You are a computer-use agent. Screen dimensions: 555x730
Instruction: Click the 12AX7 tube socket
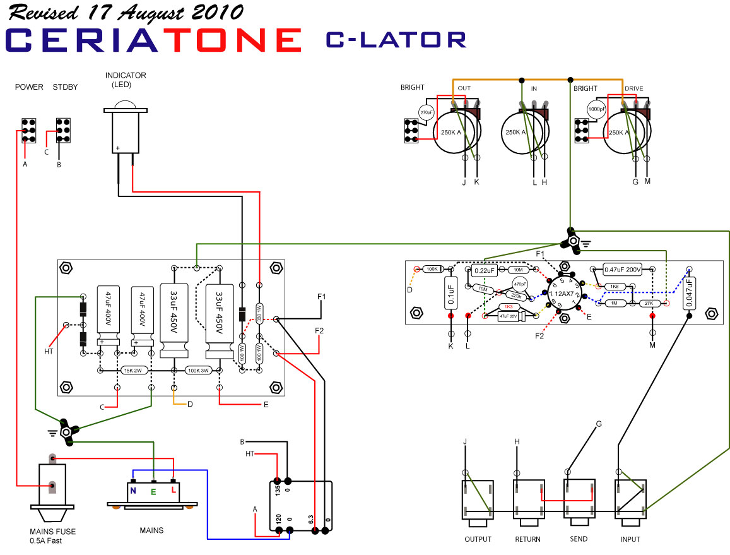(x=564, y=294)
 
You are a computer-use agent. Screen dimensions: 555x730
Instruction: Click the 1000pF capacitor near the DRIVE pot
(x=597, y=109)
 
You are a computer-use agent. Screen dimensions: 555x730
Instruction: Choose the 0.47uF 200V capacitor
(x=623, y=270)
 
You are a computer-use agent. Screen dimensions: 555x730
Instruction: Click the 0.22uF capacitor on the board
(x=485, y=272)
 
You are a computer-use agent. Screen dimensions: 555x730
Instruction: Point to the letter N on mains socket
(x=133, y=490)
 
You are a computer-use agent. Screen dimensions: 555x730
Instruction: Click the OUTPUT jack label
(x=478, y=539)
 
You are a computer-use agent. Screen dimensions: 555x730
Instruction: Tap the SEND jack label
(x=578, y=539)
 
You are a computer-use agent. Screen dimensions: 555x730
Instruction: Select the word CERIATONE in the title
(x=154, y=40)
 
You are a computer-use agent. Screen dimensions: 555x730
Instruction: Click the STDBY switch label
(x=65, y=87)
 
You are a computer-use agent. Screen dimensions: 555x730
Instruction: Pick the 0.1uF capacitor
(x=451, y=293)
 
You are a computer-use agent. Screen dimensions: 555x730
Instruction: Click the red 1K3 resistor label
(x=507, y=307)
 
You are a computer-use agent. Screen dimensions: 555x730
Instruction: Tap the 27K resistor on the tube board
(x=648, y=304)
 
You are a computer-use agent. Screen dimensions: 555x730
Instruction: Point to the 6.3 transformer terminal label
(x=310, y=519)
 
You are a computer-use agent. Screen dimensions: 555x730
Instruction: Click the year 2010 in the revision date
(x=218, y=12)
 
